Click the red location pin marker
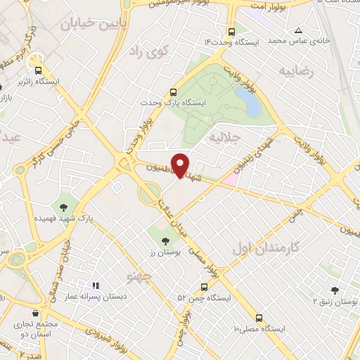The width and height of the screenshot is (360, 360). tap(181, 165)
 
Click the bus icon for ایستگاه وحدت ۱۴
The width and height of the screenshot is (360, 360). tap(231, 32)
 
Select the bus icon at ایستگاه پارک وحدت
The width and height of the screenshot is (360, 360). tap(174, 91)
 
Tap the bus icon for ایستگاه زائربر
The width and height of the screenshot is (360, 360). tap(38, 70)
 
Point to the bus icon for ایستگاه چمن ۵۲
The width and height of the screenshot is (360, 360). tap(203, 287)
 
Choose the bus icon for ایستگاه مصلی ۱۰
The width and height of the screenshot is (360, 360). tap(259, 318)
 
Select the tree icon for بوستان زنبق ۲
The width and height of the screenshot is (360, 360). tap(335, 290)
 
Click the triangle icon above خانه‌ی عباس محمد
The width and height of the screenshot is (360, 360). tap(299, 30)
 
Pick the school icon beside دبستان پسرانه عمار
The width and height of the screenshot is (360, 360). tap(95, 286)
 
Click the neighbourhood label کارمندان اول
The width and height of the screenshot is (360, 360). tap(265, 247)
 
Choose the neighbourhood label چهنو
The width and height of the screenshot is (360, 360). tap(137, 276)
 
